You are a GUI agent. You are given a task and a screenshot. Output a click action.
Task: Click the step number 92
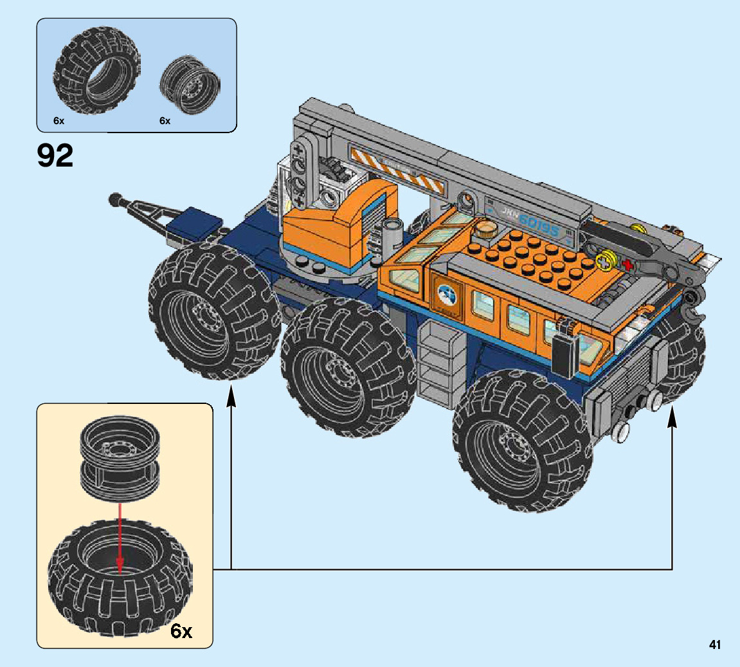tap(55, 155)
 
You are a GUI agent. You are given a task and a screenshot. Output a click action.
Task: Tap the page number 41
tap(714, 644)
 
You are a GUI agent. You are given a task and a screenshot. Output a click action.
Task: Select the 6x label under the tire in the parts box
tap(59, 121)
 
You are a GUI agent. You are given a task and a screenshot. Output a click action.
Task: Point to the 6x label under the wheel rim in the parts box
tap(165, 121)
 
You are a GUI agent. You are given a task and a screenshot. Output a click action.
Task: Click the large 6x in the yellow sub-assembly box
tap(182, 630)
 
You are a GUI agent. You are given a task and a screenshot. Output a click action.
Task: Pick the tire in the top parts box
tap(97, 70)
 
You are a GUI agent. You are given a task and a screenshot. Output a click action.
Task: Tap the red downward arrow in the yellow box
tap(120, 539)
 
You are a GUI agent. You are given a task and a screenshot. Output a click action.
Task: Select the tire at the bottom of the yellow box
tap(120, 578)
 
